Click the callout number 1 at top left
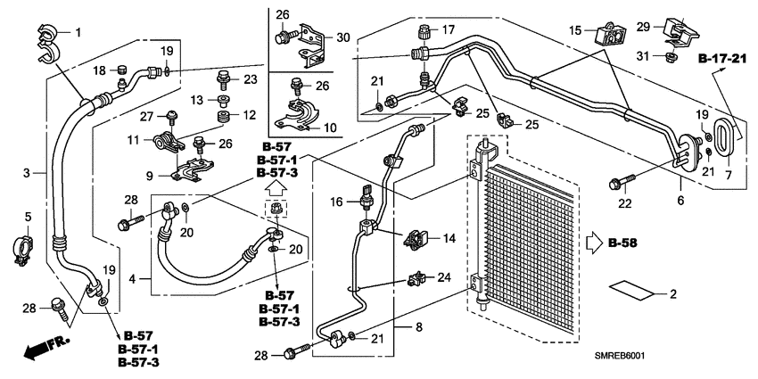click(78, 33)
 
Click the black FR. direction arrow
click(35, 350)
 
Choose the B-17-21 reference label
click(721, 60)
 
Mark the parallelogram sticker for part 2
click(630, 292)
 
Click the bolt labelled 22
click(616, 184)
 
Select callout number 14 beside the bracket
click(449, 238)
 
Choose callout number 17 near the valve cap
click(448, 29)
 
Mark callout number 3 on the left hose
click(27, 172)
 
